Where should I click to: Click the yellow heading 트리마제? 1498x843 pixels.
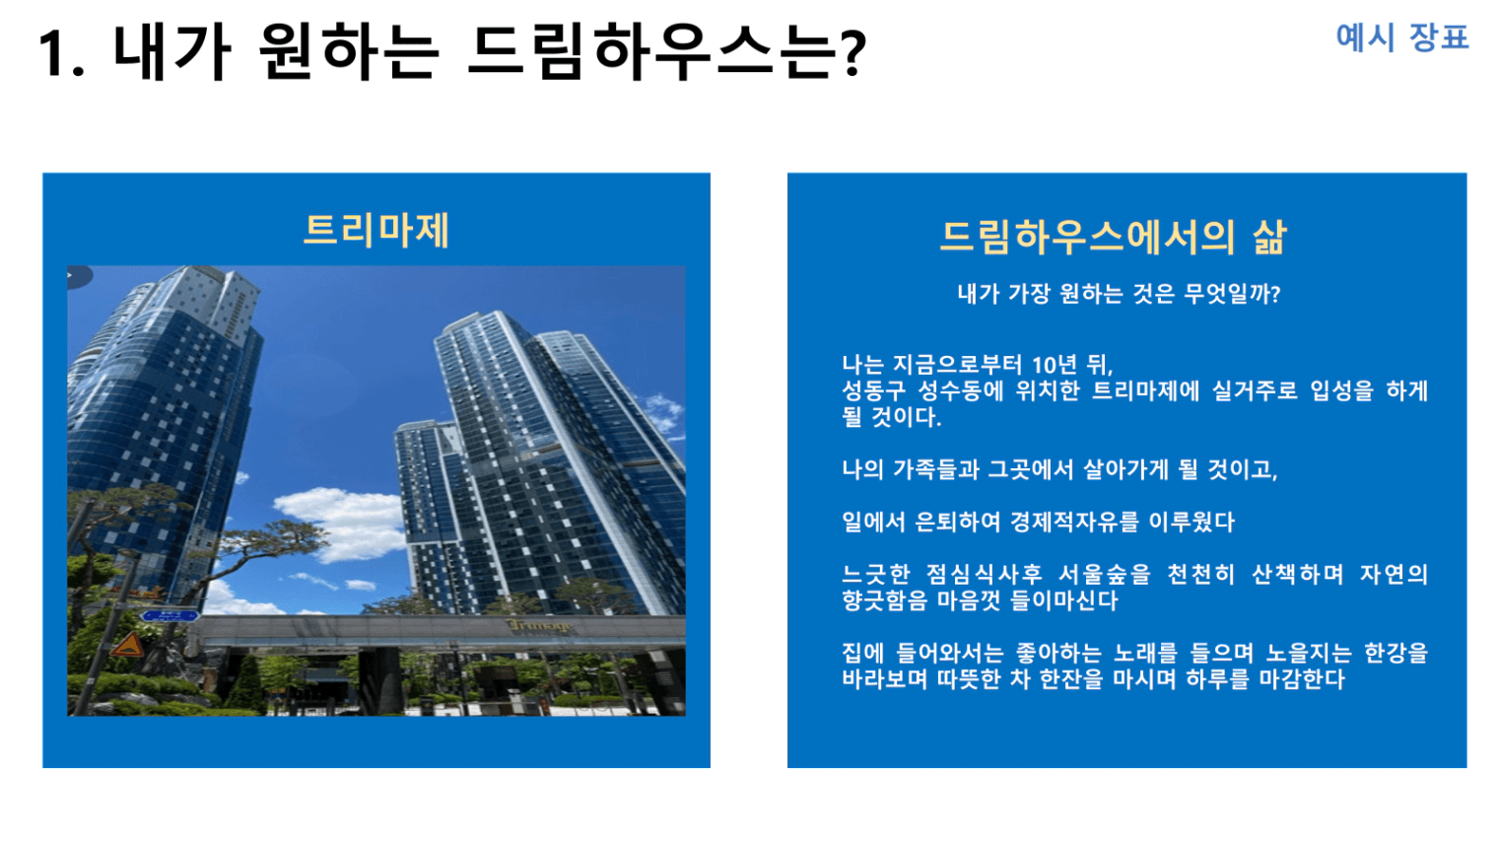click(x=375, y=231)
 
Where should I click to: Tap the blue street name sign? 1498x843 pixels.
click(x=170, y=615)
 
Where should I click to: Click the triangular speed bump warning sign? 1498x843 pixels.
click(x=128, y=644)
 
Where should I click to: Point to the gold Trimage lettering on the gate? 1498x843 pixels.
click(x=540, y=626)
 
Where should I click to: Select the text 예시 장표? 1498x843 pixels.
click(x=1401, y=37)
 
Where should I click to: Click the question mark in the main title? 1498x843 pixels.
click(x=852, y=53)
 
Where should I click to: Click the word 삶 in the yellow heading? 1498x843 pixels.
click(x=1268, y=238)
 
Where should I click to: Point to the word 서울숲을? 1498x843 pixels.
click(x=1104, y=574)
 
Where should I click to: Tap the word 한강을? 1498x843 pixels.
click(x=1396, y=653)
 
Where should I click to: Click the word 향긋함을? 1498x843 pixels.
click(x=884, y=600)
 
